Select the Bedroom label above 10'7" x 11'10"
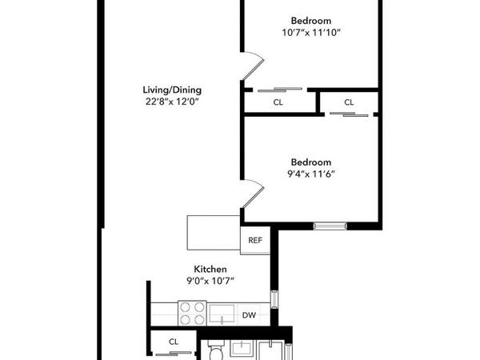(310, 20)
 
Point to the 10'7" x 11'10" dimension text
(310, 34)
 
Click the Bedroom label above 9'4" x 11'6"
(310, 160)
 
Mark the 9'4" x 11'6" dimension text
(310, 173)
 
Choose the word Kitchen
(210, 269)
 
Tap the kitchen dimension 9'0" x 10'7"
(210, 282)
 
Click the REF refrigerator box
(255, 240)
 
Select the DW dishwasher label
(249, 315)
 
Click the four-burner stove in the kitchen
(192, 313)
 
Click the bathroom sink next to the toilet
(241, 348)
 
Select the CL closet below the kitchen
(174, 342)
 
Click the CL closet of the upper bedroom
(278, 102)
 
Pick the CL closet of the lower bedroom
(349, 102)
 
